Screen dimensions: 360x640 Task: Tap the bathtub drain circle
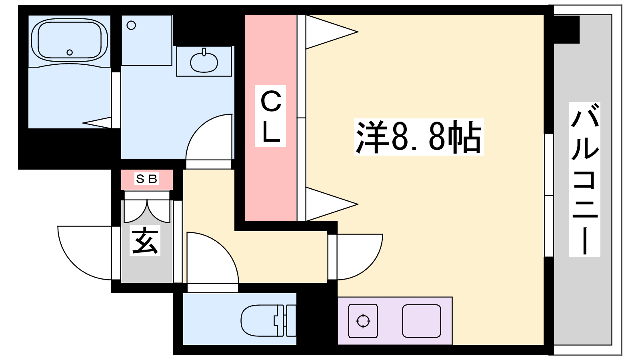[x=70, y=52]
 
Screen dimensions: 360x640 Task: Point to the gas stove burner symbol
[x=363, y=321]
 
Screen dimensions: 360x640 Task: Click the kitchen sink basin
[x=422, y=321]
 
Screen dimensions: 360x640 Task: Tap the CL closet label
[x=271, y=116]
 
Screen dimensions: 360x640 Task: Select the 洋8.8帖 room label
[x=419, y=137]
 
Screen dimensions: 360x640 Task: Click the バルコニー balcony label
[x=584, y=179]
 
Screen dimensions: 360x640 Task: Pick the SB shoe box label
[x=147, y=179]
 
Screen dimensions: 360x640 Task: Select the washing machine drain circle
[x=131, y=26]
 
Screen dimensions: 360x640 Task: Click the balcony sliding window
[x=549, y=195]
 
